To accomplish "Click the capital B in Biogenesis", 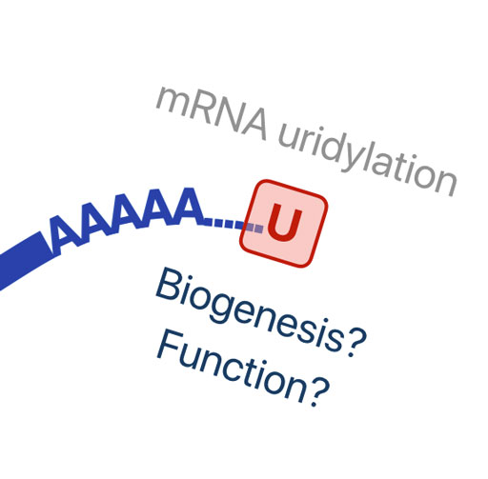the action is [x=170, y=285].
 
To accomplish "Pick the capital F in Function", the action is [x=170, y=346].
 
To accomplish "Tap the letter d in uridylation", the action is [x=329, y=146].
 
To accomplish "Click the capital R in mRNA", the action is [x=207, y=111].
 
